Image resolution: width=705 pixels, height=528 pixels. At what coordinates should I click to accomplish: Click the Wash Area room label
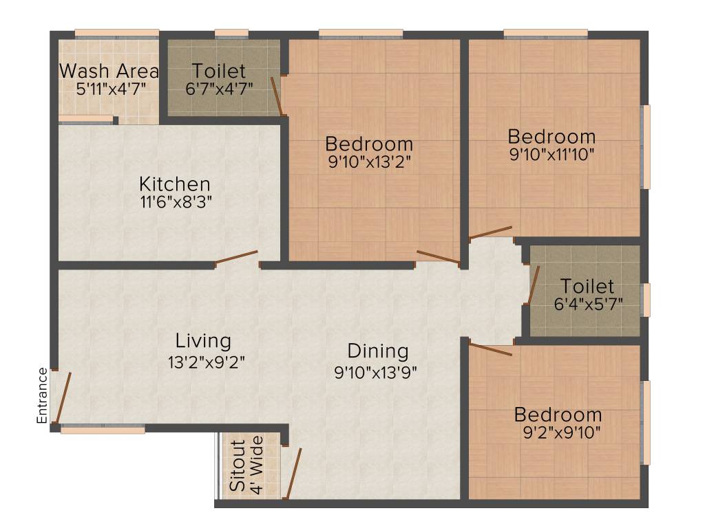109,71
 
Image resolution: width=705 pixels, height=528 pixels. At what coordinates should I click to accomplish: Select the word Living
203,340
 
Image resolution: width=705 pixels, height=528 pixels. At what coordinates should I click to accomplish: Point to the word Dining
377,351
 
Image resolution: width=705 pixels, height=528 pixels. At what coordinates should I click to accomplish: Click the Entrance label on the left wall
43,395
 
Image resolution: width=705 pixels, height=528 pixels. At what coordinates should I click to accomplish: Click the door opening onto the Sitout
294,473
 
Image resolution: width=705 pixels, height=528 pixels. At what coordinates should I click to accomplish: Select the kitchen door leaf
236,257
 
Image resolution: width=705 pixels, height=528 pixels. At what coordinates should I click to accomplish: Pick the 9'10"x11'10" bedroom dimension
551,153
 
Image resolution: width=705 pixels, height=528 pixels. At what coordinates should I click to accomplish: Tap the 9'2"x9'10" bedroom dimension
558,433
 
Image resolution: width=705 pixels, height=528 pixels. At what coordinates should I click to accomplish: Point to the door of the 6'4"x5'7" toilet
534,285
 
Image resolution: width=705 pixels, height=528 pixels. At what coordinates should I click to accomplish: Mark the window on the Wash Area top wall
117,33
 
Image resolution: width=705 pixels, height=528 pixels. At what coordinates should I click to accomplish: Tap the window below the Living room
103,430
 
